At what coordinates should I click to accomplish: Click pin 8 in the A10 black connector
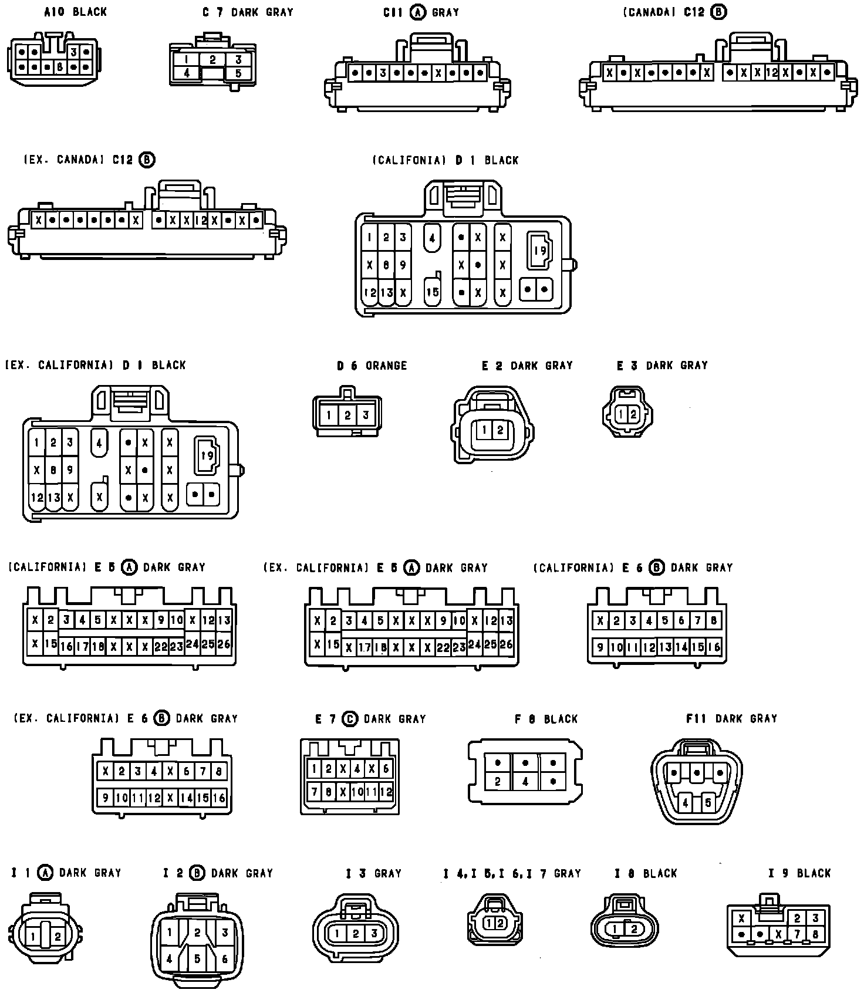[x=59, y=67]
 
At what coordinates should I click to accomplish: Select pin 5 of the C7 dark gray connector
[x=238, y=73]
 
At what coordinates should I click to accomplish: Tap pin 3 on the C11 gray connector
[x=383, y=73]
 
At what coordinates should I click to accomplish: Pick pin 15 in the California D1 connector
[x=433, y=292]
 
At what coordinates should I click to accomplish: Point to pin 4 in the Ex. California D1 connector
[x=99, y=443]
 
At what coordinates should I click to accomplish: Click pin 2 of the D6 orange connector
[x=347, y=416]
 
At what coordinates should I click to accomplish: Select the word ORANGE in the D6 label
[x=386, y=366]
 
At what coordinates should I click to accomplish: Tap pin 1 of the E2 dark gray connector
[x=484, y=430]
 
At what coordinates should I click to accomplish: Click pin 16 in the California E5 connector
[x=66, y=647]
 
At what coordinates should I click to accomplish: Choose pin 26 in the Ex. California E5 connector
[x=506, y=644]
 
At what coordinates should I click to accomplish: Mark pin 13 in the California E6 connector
[x=665, y=647]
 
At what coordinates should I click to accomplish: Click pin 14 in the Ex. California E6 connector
[x=187, y=798]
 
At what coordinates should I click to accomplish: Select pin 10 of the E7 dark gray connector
[x=357, y=792]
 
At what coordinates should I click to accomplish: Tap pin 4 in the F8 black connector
[x=525, y=782]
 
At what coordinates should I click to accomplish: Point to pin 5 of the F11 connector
[x=708, y=802]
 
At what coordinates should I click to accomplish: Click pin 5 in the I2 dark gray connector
[x=197, y=959]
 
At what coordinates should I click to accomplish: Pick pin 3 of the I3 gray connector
[x=374, y=933]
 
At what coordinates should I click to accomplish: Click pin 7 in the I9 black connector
[x=797, y=934]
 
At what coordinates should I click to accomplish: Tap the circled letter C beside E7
[x=350, y=719]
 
